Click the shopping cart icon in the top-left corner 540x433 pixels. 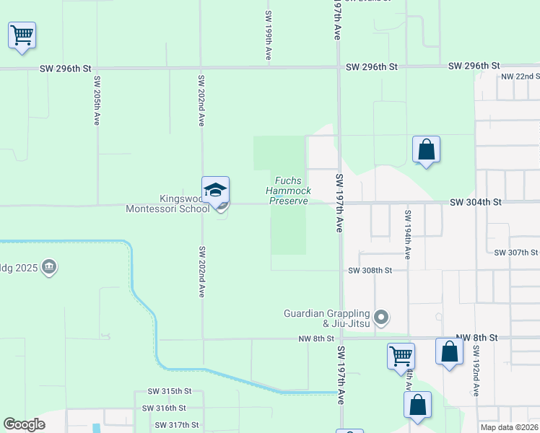coord(22,35)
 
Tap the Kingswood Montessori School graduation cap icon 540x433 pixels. coord(215,190)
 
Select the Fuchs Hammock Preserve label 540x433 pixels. coord(289,191)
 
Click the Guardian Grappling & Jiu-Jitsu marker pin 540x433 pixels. coord(383,318)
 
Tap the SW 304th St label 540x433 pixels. coord(475,203)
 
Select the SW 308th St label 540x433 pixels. coord(370,271)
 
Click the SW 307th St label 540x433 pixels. coord(516,253)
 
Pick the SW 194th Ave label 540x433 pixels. coord(408,235)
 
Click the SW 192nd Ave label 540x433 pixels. coord(476,371)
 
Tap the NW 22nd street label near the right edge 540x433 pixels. coord(521,76)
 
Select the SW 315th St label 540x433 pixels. coord(170,391)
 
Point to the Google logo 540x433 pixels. coord(24,424)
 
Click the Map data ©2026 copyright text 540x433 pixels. coord(509,427)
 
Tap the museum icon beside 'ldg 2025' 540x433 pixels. coord(49,268)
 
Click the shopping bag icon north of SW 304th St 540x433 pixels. coord(427,149)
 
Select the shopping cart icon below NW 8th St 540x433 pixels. coord(401,356)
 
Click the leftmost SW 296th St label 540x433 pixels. coord(67,68)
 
